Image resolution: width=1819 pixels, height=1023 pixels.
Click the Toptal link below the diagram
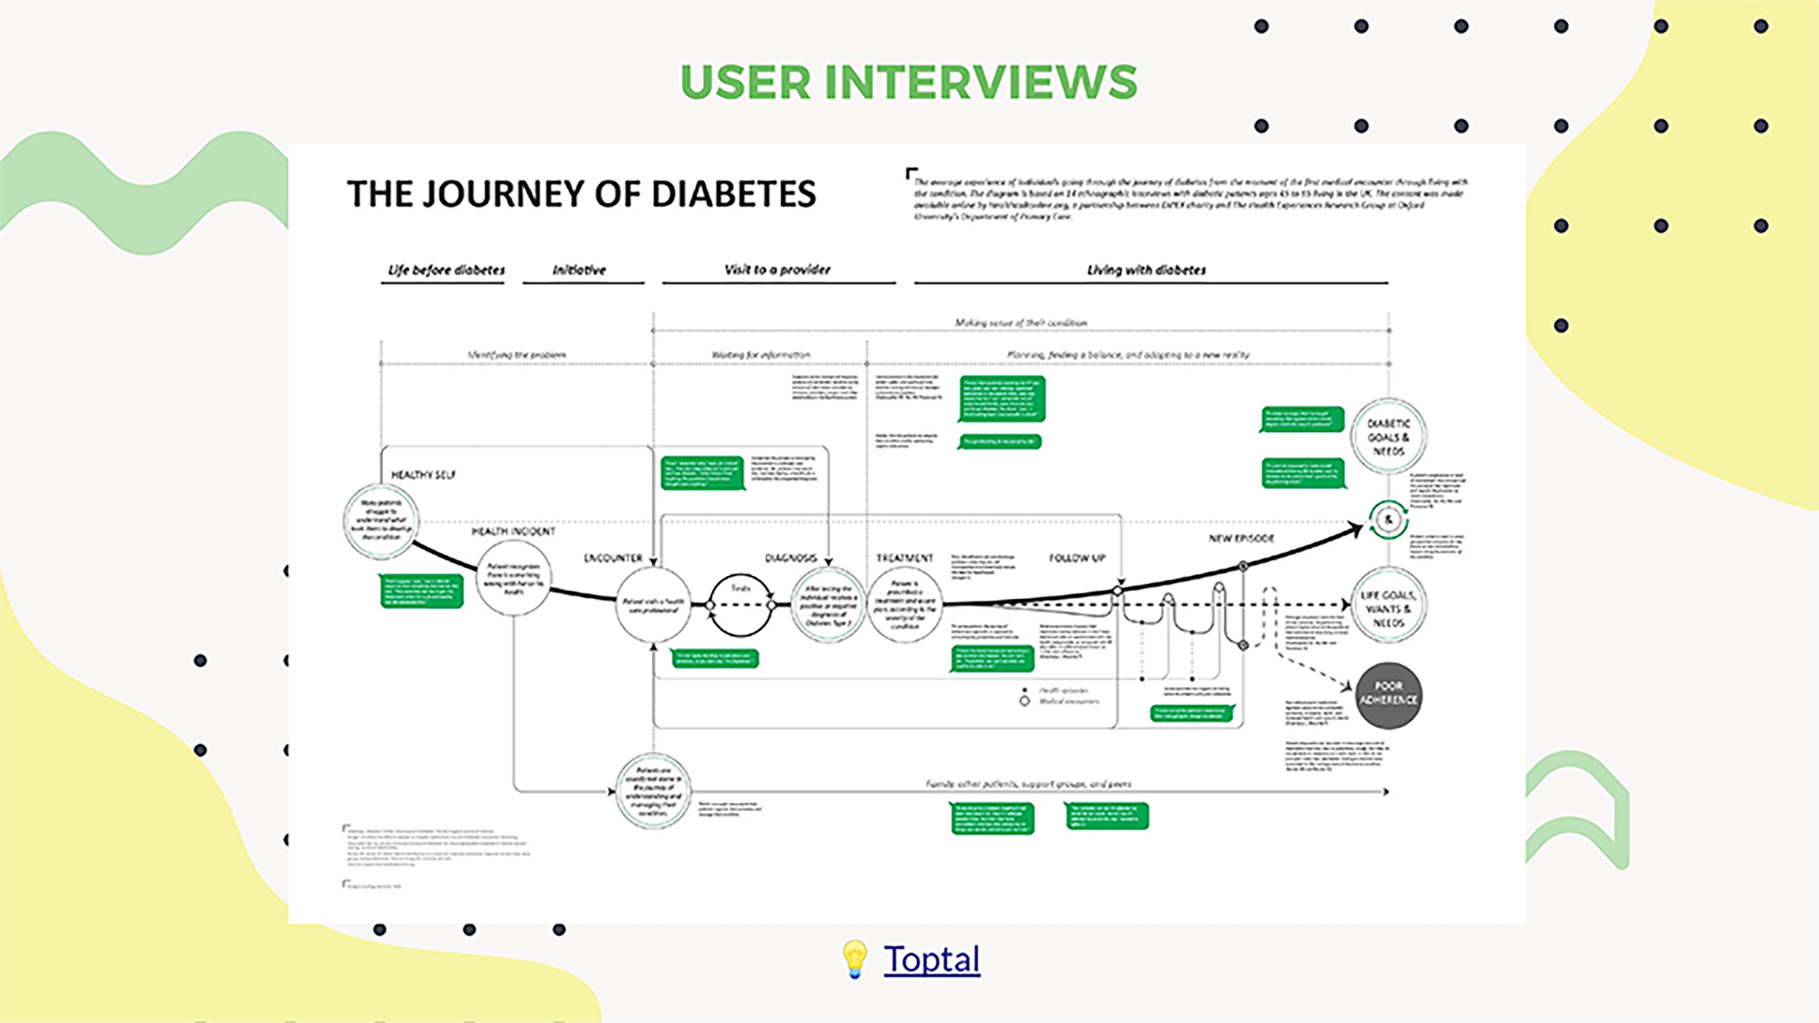931,959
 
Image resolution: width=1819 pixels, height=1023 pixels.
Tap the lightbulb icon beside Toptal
854,959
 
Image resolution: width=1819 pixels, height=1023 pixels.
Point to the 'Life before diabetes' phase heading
446,270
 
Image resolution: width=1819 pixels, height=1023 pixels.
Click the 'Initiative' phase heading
579,270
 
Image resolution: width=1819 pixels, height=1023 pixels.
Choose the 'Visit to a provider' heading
777,269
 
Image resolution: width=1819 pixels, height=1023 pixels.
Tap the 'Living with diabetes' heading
1146,270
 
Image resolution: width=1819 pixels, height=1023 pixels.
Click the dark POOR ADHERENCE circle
1389,695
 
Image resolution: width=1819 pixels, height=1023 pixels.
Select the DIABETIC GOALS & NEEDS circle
1389,436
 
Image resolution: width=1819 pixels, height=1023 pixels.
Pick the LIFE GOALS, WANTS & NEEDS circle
1389,607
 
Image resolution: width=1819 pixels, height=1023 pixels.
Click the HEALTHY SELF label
423,475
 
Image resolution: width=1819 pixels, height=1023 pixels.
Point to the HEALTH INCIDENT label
514,531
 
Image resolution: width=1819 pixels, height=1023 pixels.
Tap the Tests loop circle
740,605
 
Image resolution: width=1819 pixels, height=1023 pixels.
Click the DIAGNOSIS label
791,558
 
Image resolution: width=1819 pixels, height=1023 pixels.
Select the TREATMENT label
905,558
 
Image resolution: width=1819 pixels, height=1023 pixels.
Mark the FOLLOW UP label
1077,558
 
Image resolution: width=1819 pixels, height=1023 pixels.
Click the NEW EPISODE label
1241,538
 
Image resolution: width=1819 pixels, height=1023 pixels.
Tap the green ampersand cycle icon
1389,519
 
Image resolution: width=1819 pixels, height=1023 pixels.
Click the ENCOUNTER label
613,558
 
